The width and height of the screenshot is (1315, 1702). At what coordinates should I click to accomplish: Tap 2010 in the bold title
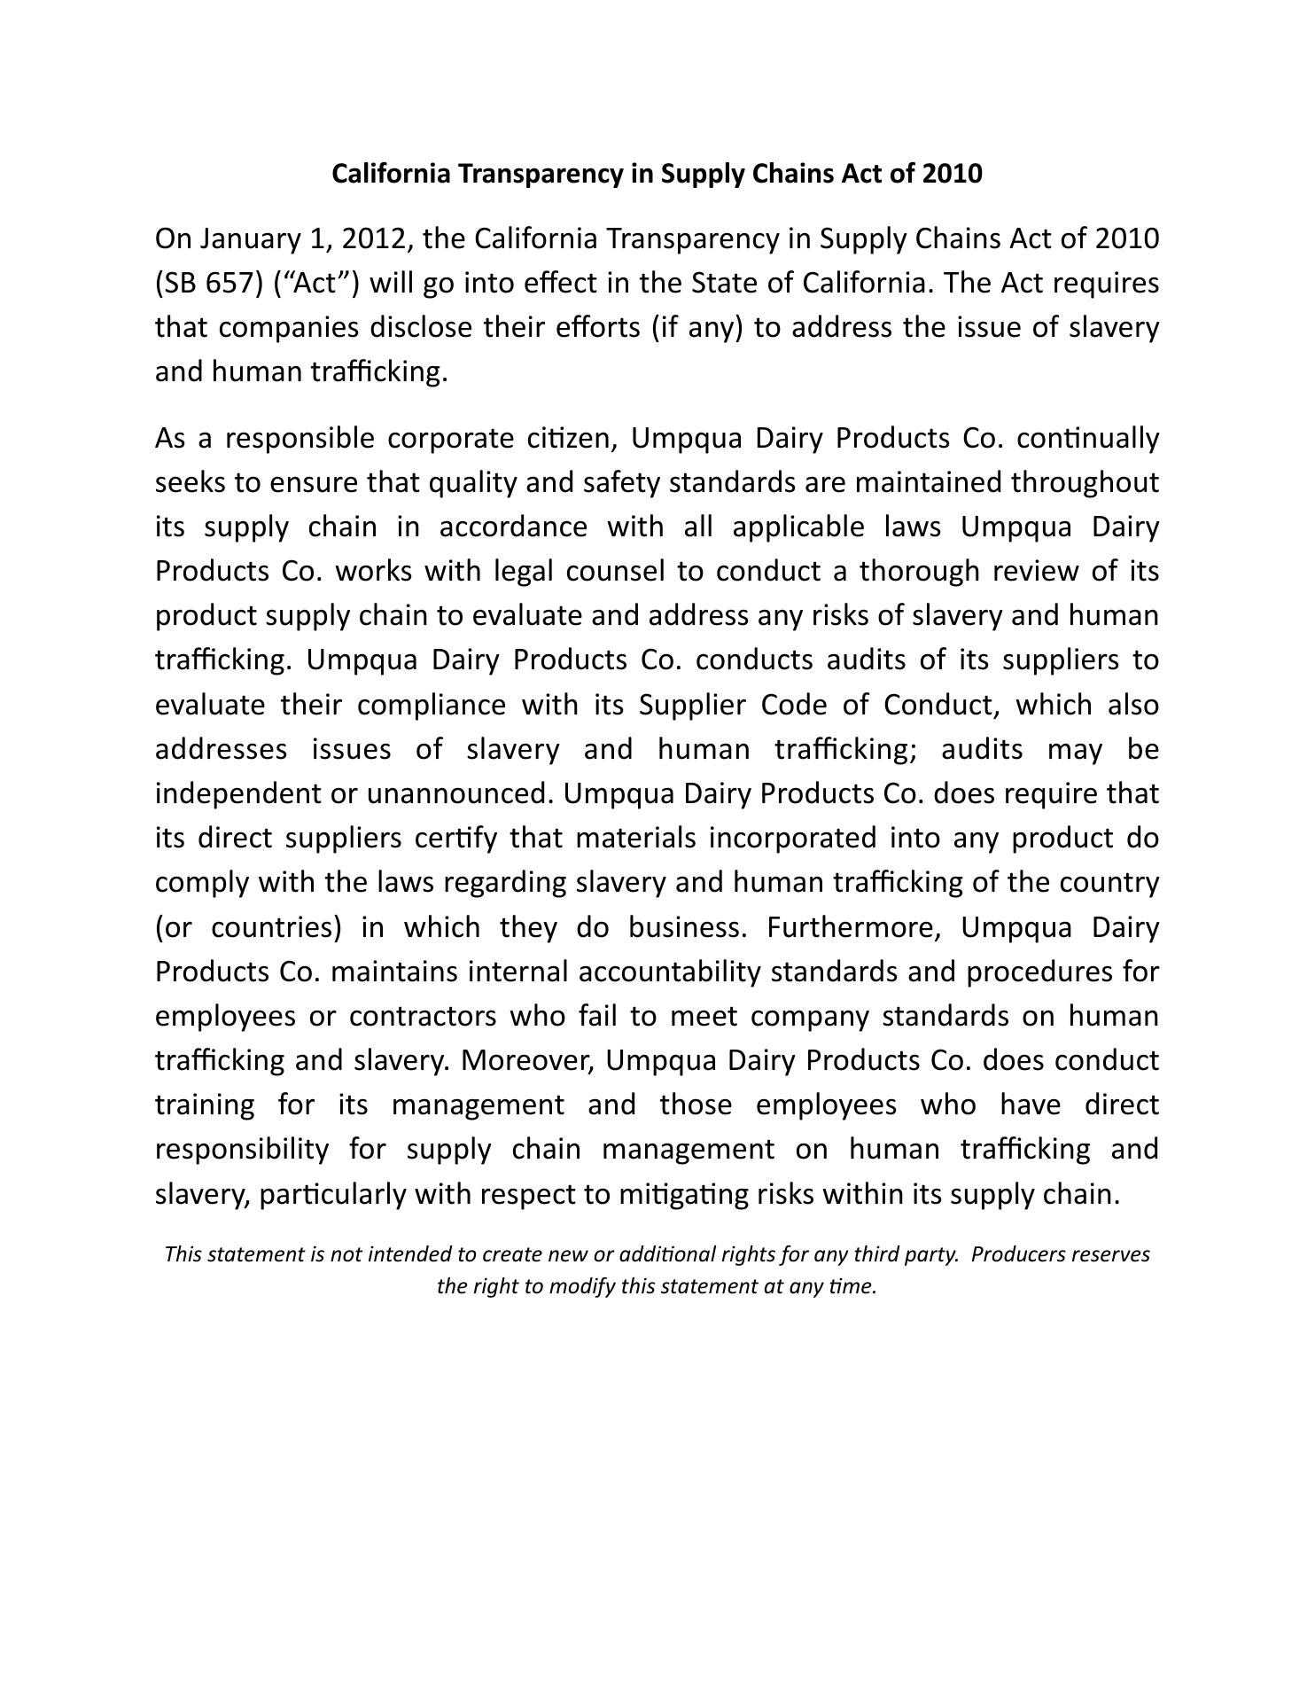(952, 174)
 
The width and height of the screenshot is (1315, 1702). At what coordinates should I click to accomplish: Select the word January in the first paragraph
(251, 238)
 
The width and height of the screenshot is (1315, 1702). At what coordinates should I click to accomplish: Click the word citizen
(570, 438)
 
